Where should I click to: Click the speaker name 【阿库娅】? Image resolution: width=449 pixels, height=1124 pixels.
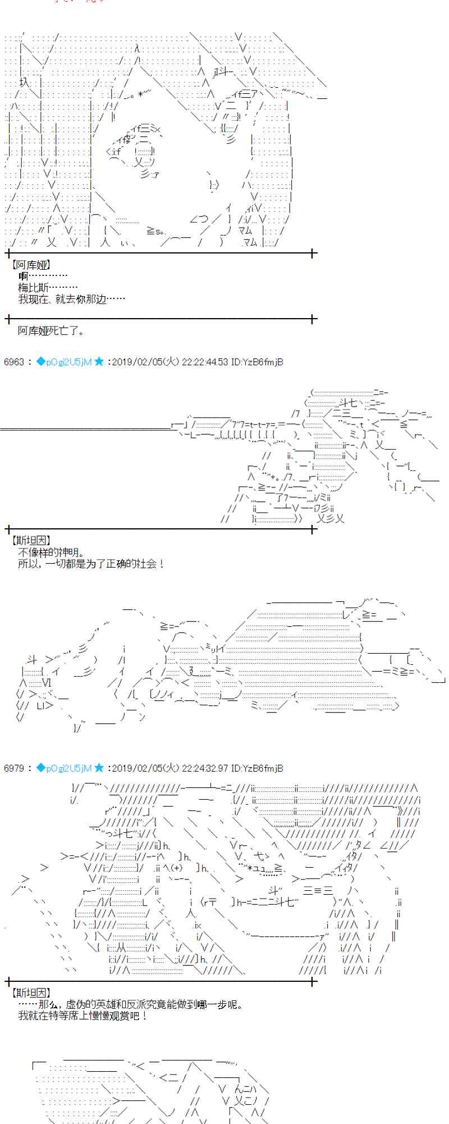31,265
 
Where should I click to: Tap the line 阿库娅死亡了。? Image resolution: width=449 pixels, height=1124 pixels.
51,331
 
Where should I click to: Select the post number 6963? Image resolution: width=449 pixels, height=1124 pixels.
14,362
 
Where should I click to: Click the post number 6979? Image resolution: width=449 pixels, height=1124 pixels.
14,768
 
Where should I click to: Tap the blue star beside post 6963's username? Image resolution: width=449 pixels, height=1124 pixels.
99,362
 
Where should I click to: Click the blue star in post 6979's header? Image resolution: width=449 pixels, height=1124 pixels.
99,768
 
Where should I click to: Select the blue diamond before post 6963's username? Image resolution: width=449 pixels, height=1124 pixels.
40,362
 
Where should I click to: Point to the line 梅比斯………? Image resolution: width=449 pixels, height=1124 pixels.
48,288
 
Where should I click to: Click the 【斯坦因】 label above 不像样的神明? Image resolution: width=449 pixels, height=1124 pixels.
31,541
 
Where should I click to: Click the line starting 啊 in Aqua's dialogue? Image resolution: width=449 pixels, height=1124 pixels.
43,276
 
